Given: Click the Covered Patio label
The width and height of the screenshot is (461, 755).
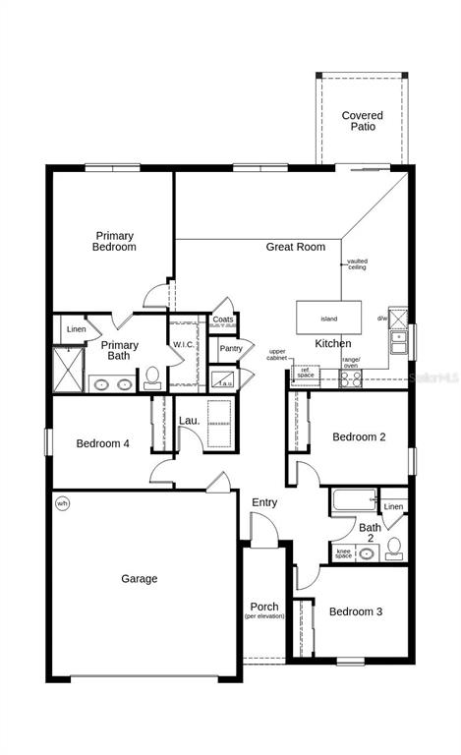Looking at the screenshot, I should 362,122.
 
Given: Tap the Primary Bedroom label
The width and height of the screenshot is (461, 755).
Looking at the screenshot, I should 114,242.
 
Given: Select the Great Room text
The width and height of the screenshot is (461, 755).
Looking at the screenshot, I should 295,247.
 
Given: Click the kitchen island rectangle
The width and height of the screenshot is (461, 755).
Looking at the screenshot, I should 329,319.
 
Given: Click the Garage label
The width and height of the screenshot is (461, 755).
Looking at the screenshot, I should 139,579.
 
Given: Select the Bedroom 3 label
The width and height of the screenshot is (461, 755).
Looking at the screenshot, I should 355,611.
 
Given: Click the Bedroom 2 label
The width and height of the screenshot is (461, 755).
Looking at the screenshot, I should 359,436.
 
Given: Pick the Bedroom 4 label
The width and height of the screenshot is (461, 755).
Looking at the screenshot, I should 102,443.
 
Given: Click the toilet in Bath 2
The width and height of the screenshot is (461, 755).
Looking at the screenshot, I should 394,548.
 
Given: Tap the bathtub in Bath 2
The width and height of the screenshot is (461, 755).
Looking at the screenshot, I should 353,500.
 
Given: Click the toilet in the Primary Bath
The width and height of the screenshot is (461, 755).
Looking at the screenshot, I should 152,377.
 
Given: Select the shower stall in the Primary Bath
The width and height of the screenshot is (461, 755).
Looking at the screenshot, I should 68,369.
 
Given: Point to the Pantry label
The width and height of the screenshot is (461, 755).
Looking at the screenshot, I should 231,348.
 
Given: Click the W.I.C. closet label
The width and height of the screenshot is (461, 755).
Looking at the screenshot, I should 184,345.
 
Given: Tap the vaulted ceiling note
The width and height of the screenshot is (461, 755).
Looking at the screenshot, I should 357,265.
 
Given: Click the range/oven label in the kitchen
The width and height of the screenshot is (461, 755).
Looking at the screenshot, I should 351,363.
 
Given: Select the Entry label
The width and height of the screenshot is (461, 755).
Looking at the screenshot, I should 264,502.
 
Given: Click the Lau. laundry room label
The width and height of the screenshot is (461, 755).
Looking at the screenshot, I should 189,421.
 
